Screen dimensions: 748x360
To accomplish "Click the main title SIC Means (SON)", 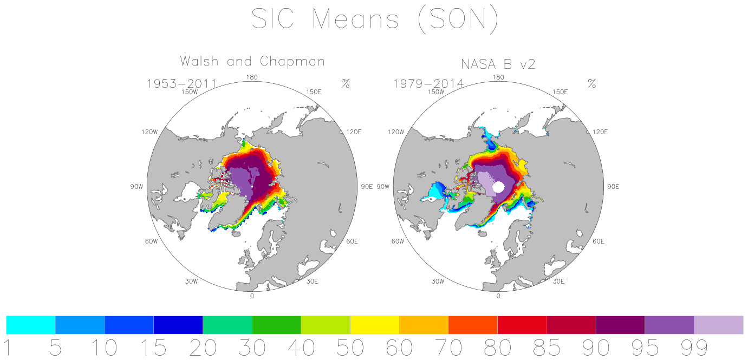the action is (375, 20).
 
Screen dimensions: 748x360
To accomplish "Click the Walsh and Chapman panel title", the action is (252, 61).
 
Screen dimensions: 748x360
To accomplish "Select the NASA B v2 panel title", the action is (498, 64).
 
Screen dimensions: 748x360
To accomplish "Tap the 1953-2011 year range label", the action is (182, 83).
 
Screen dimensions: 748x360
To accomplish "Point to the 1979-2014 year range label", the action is (428, 83).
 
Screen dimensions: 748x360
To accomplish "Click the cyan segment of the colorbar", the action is (31, 325).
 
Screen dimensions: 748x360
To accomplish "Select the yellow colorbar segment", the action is (375, 325).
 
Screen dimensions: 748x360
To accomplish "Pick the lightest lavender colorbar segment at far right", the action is (719, 325).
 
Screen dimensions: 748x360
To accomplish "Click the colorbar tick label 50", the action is (350, 348).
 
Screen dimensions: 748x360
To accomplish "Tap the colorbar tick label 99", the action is (694, 348).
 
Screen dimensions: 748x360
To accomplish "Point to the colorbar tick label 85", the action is (547, 348).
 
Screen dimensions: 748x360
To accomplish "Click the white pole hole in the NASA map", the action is (498, 187).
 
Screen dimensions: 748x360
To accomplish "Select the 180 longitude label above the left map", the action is (252, 77).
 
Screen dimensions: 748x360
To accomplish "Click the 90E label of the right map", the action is (613, 187).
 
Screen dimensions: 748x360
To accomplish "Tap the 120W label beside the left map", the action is (149, 132).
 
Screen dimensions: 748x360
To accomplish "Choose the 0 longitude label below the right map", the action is (498, 296).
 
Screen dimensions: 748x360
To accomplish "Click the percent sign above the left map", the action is (346, 83).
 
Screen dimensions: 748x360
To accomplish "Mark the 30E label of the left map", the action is (312, 282).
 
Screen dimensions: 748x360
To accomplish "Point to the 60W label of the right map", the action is (398, 241).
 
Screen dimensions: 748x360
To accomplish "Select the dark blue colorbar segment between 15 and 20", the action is (178, 325).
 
